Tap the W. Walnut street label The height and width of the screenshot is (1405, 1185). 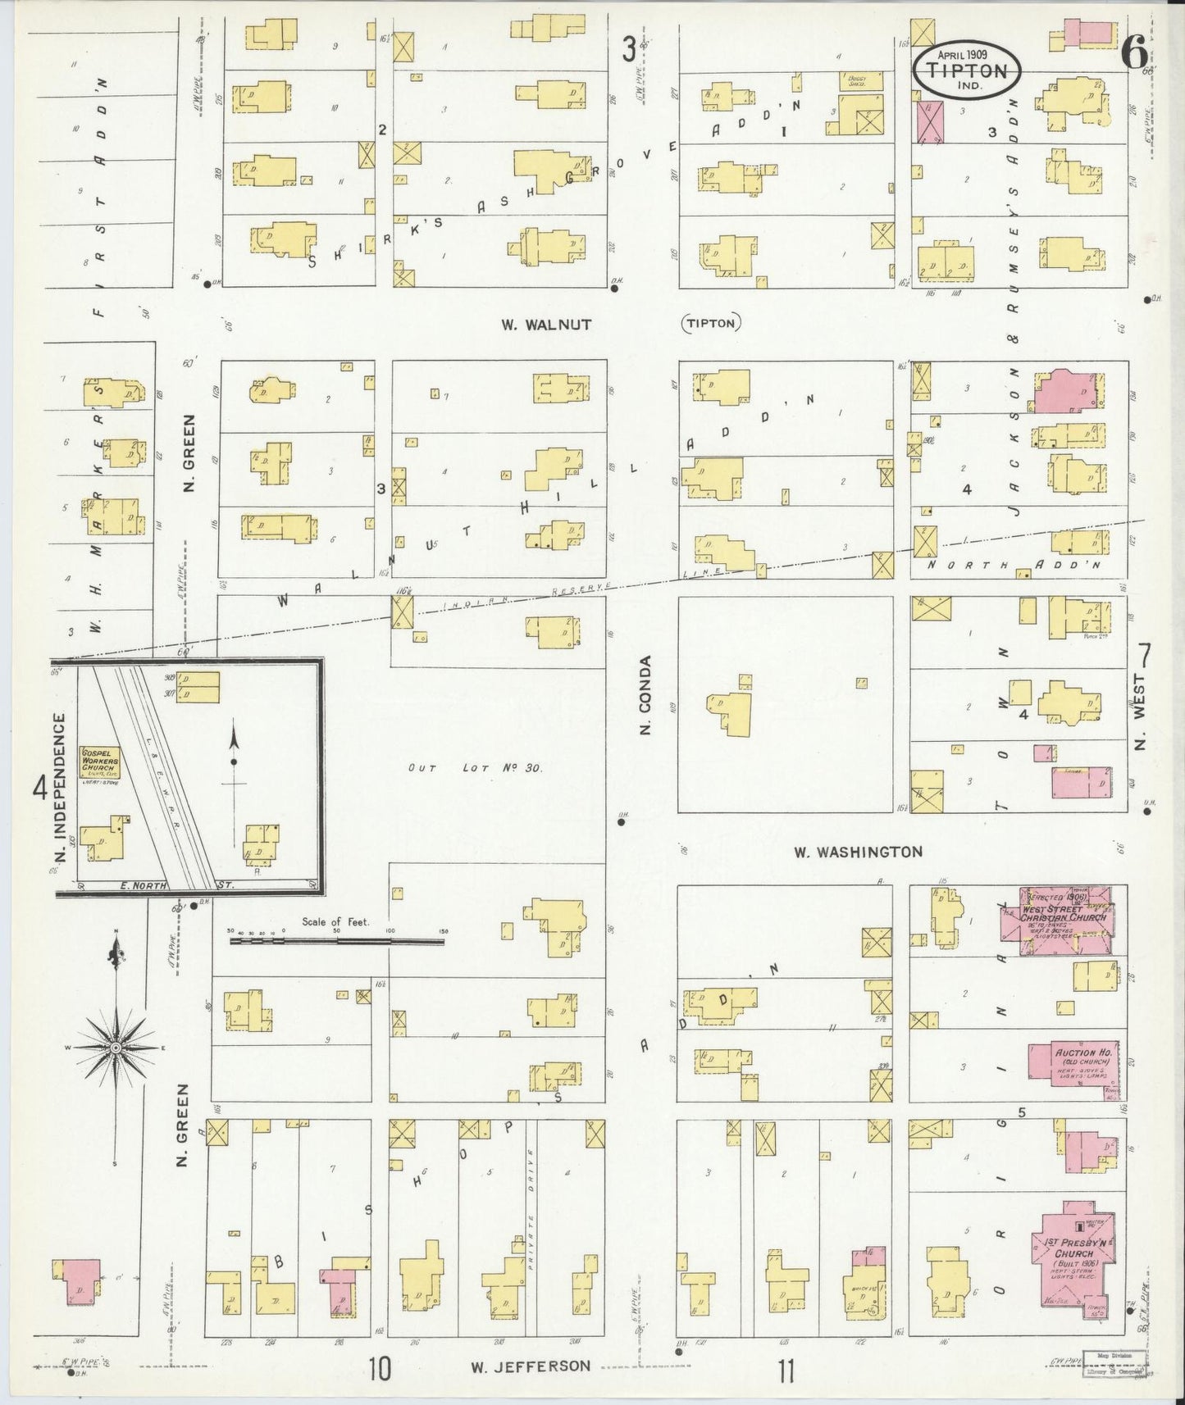[x=547, y=325]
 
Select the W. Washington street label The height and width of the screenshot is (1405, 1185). [x=858, y=852]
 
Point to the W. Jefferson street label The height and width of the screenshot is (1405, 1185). [x=530, y=1366]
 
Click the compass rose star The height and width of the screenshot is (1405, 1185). [x=116, y=1048]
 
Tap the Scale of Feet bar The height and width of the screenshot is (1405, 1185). [x=336, y=942]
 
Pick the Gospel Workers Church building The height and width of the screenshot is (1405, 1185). [x=99, y=762]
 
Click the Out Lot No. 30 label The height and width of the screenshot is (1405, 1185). [x=476, y=768]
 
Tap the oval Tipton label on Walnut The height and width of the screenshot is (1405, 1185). [x=711, y=324]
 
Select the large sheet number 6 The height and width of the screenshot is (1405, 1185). [x=1135, y=55]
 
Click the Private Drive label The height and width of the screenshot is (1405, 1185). [x=531, y=1230]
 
